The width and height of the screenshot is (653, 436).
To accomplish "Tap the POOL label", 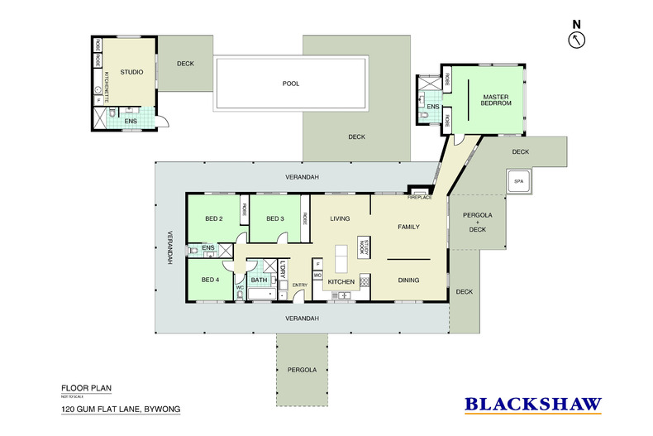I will tap(290, 84).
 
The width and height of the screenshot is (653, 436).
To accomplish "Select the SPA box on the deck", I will tap(519, 181).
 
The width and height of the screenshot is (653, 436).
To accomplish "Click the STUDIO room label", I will tap(131, 73).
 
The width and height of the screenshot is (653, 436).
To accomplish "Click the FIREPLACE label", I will tap(420, 198).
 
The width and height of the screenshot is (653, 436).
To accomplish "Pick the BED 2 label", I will tap(214, 218).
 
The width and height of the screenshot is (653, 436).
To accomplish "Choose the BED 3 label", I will tap(275, 218).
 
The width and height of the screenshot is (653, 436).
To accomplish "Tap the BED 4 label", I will tap(210, 280).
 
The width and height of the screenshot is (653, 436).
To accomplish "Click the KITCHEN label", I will tap(341, 282).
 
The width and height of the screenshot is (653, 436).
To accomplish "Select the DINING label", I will tap(409, 280).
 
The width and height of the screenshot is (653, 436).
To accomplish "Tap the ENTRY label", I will tap(299, 285).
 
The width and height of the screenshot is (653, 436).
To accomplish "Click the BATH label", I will tap(259, 280).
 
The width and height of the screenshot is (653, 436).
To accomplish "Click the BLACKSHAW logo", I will tap(532, 405).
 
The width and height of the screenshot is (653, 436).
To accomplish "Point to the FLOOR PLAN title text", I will tap(86, 387).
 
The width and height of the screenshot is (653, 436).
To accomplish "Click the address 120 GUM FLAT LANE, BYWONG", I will tap(120, 410).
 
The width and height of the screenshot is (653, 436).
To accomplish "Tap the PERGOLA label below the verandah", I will tap(302, 369).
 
